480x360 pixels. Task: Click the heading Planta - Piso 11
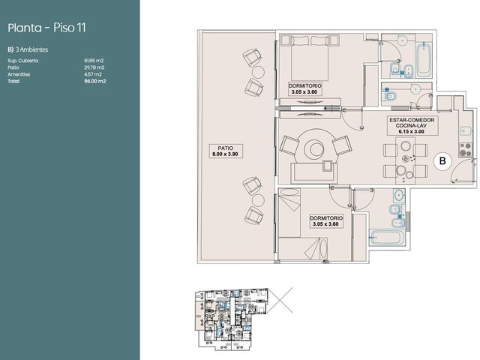click(46, 28)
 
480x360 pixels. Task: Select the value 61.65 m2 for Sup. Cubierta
click(94, 61)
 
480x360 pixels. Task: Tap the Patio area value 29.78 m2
click(94, 67)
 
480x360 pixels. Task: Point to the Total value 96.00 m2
click(95, 81)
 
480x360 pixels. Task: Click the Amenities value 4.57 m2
click(93, 74)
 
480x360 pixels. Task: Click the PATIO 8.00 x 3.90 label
click(225, 151)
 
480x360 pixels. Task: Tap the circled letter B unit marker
click(442, 160)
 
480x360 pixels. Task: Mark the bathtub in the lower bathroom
click(388, 238)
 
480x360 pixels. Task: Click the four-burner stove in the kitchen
click(465, 150)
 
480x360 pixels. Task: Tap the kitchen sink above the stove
click(465, 130)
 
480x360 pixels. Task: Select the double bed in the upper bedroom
click(310, 58)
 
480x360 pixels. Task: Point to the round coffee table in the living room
click(315, 149)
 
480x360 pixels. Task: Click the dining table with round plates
click(405, 160)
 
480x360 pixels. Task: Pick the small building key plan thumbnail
click(232, 319)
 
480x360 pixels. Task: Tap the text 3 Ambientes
click(31, 49)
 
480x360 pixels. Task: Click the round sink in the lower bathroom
click(398, 195)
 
